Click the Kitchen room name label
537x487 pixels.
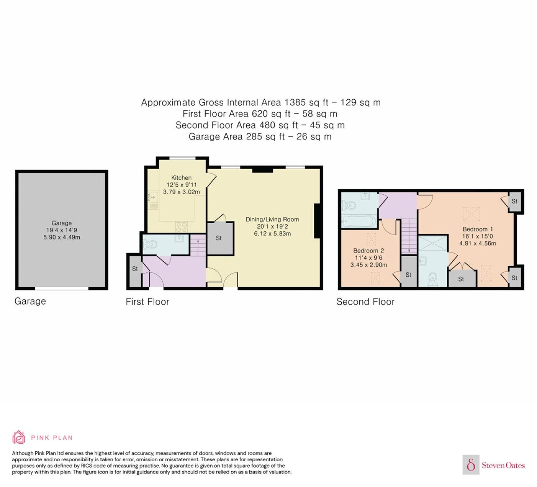coord(181,178)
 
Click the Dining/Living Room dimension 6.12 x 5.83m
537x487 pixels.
coord(272,234)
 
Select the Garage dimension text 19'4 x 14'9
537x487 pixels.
coord(62,230)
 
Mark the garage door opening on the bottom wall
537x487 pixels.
coord(62,288)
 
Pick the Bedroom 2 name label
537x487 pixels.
coord(368,251)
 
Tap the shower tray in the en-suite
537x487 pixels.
coord(433,243)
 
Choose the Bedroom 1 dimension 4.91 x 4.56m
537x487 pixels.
coord(478,243)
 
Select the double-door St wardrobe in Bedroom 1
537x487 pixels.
coord(462,279)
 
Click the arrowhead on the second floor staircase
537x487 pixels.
coord(409,251)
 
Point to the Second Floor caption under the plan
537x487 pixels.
coord(366,302)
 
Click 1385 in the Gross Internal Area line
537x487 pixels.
coord(295,102)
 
